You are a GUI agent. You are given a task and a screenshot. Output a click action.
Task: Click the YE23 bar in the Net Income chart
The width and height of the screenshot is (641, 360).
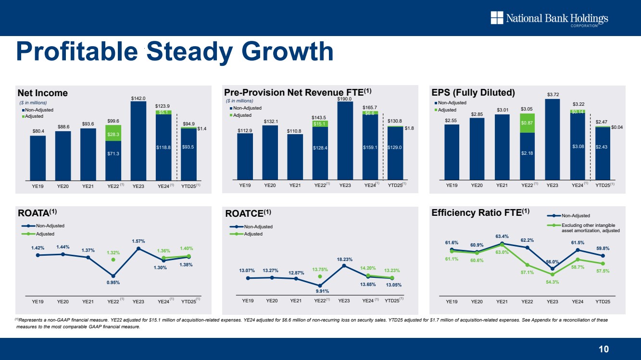click(x=138, y=139)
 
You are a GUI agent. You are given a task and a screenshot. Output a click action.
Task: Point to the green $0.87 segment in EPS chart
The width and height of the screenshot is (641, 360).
click(x=528, y=123)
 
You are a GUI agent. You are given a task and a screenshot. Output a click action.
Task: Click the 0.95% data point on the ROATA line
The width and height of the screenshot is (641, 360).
click(x=113, y=276)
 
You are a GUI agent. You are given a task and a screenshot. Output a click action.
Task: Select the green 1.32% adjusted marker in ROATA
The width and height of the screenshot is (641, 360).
click(x=113, y=260)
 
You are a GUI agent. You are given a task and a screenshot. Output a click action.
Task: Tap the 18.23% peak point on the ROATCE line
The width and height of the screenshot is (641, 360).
click(x=344, y=265)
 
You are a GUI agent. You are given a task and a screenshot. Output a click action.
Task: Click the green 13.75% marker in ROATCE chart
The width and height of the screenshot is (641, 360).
click(x=320, y=276)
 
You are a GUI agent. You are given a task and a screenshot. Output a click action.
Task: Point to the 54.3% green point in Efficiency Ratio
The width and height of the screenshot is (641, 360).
click(x=553, y=274)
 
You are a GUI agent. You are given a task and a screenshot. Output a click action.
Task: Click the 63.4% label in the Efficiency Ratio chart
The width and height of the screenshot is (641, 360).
click(x=502, y=236)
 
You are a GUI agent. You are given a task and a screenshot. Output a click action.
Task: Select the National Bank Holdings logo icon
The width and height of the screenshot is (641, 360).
click(x=496, y=18)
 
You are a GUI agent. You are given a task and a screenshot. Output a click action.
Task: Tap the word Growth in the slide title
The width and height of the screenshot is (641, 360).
click(x=287, y=51)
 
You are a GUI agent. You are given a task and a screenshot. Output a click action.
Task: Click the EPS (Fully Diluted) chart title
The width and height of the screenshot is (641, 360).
click(x=474, y=93)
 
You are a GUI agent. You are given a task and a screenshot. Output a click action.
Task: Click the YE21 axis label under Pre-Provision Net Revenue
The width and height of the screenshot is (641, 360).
click(x=295, y=185)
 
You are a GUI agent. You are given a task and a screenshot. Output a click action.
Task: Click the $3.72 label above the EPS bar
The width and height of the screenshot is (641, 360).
click(x=553, y=95)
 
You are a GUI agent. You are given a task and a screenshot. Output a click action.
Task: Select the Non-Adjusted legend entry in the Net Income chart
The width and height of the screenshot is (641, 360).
click(x=39, y=110)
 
